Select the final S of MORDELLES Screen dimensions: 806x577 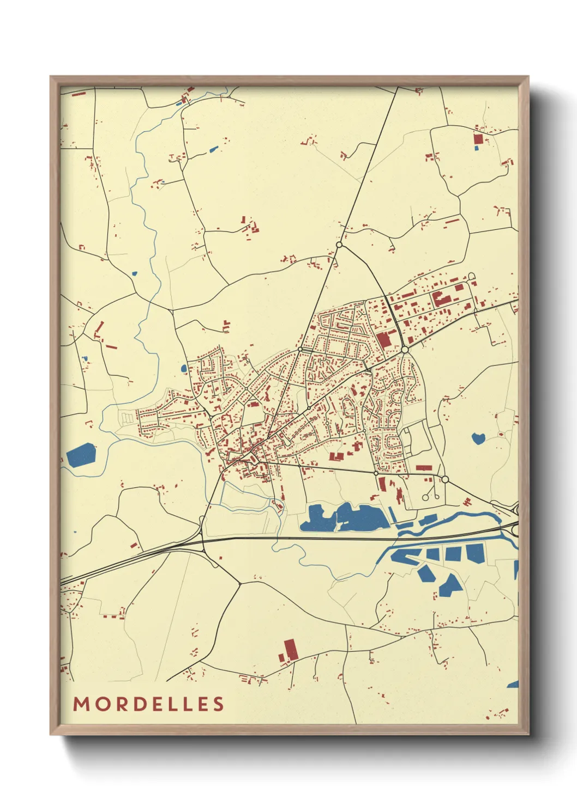(x=219, y=704)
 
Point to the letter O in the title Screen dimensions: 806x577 (x=101, y=704)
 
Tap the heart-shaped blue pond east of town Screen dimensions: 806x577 (x=478, y=438)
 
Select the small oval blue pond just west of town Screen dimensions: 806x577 (x=184, y=369)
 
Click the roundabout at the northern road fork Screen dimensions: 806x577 (x=339, y=245)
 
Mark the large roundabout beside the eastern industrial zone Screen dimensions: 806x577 (x=405, y=349)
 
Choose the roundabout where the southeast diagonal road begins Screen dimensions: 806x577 (x=444, y=479)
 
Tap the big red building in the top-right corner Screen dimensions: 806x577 (x=478, y=139)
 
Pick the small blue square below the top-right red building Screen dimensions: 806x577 (x=477, y=148)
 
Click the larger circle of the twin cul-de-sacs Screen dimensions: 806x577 (x=425, y=497)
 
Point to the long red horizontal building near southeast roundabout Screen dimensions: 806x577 (x=423, y=467)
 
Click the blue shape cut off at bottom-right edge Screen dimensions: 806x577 (x=513, y=685)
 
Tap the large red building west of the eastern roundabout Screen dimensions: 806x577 (x=383, y=340)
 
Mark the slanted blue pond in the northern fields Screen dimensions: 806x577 (x=213, y=149)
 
